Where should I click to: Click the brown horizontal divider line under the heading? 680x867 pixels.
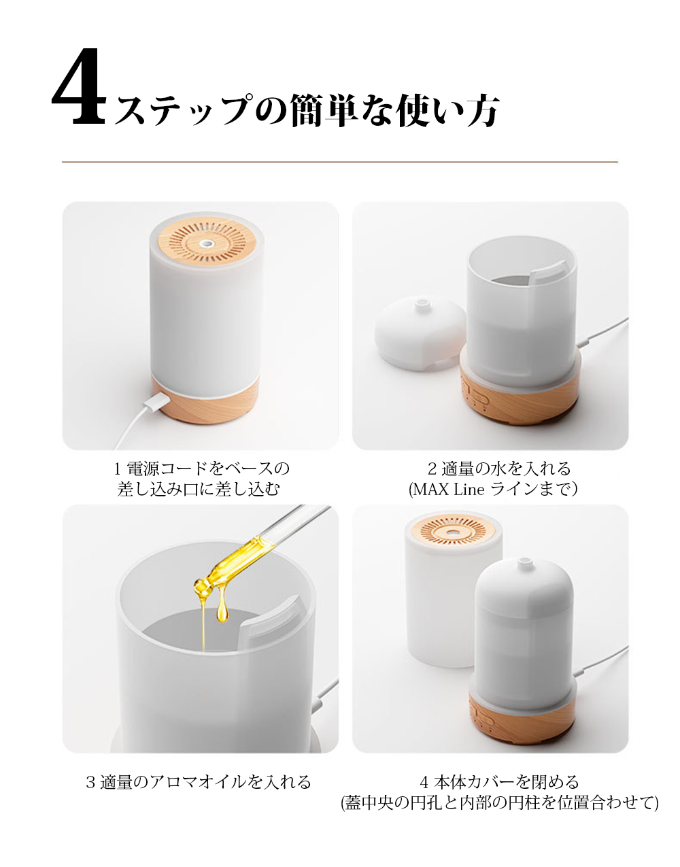click(x=340, y=162)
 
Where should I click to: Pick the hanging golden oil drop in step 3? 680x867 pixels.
click(x=222, y=610)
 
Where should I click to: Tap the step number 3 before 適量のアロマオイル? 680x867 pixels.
click(x=90, y=782)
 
